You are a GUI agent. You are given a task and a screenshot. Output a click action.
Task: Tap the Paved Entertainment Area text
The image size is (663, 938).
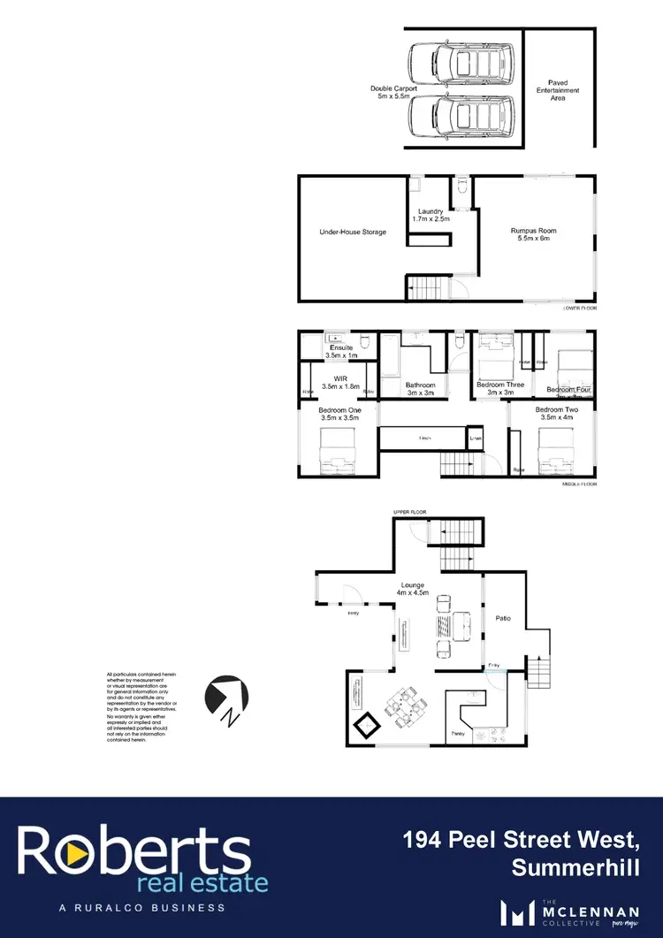557,90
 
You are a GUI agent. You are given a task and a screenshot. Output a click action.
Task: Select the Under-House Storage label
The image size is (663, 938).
353,233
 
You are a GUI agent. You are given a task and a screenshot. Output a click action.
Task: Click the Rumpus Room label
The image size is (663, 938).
533,234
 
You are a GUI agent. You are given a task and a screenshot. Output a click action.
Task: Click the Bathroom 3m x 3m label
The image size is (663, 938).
421,389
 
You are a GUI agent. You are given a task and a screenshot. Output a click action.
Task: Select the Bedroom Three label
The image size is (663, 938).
500,389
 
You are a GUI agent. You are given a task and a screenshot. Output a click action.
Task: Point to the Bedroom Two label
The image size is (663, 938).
556,414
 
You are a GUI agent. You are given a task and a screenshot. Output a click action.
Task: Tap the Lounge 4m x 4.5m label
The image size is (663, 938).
412,589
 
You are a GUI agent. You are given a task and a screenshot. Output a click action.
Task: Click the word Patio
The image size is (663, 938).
504,618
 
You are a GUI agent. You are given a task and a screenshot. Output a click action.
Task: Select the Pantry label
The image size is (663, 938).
458,734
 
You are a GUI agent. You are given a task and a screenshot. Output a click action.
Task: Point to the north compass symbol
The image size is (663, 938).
227,698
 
